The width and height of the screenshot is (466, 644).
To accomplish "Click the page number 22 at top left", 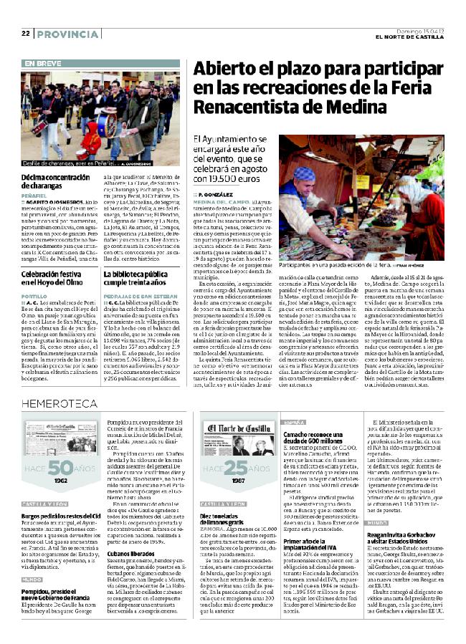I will [x=25, y=34].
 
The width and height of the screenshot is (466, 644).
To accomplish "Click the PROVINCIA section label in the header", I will [x=67, y=34].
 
